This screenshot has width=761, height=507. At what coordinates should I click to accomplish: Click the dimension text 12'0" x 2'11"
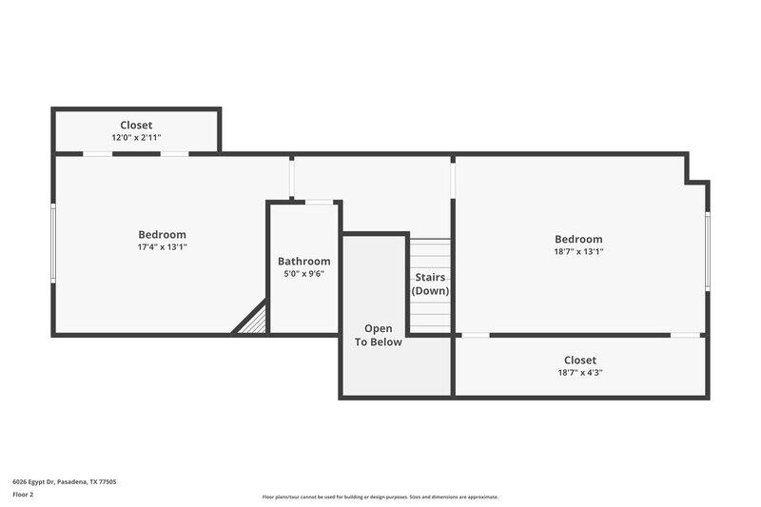pos(136,138)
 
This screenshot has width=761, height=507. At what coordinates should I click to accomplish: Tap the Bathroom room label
pos(304,262)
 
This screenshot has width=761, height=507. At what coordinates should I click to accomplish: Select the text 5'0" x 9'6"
pos(304,274)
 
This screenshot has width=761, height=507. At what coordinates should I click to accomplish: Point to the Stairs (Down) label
pos(430,284)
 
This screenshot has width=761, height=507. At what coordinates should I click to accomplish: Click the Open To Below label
pos(379,336)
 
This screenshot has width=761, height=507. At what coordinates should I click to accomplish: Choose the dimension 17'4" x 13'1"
pos(163,247)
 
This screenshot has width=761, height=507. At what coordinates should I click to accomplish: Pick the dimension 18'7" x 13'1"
pos(579,252)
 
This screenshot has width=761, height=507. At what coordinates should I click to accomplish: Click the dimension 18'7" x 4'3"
pos(579,373)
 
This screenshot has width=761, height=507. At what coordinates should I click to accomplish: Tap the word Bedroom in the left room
pos(163,235)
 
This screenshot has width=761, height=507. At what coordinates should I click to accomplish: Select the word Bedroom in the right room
pos(579,240)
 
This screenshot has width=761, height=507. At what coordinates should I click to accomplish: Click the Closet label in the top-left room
pos(136,126)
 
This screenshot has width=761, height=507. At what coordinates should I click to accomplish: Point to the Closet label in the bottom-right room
pos(579,361)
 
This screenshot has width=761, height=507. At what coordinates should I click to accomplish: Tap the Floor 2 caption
pos(24,495)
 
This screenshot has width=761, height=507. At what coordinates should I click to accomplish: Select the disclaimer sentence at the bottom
pos(380,497)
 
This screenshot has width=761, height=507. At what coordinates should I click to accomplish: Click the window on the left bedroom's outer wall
pos(54,244)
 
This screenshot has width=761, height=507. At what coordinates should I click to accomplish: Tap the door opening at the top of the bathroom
pos(318,202)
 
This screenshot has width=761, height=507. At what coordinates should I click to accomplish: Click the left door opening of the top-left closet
pos(97,153)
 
